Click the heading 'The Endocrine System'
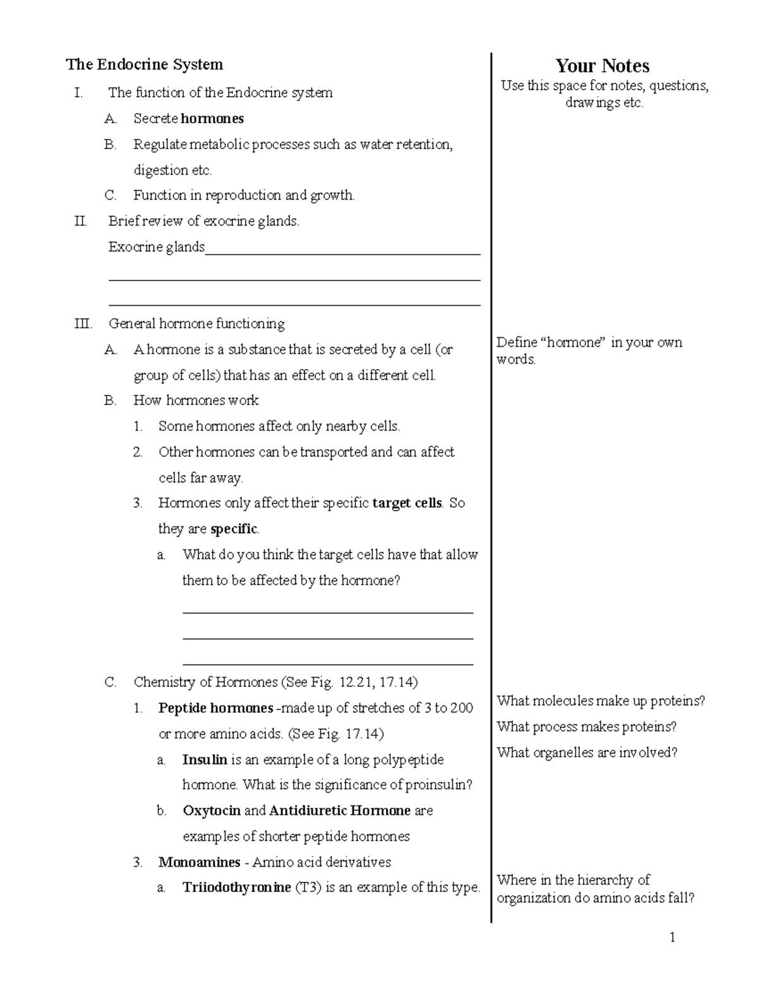pyautogui.click(x=145, y=64)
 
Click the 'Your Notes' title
pyautogui.click(x=603, y=66)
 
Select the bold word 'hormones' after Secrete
pyautogui.click(x=212, y=119)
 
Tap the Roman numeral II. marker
pyautogui.click(x=80, y=221)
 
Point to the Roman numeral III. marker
pyautogui.click(x=83, y=324)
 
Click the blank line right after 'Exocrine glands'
pyautogui.click(x=343, y=253)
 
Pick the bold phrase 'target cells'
pyautogui.click(x=407, y=503)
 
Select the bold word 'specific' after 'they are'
pyautogui.click(x=234, y=529)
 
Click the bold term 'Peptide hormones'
pyautogui.click(x=215, y=708)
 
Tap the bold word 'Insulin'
pyautogui.click(x=205, y=760)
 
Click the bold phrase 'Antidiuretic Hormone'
pyautogui.click(x=340, y=810)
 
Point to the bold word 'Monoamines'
pyautogui.click(x=199, y=862)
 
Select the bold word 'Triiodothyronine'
pyautogui.click(x=237, y=888)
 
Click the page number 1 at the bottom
pyautogui.click(x=673, y=937)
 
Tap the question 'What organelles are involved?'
pyautogui.click(x=587, y=752)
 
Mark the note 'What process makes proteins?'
pyautogui.click(x=586, y=726)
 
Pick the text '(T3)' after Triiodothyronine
pyautogui.click(x=308, y=888)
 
